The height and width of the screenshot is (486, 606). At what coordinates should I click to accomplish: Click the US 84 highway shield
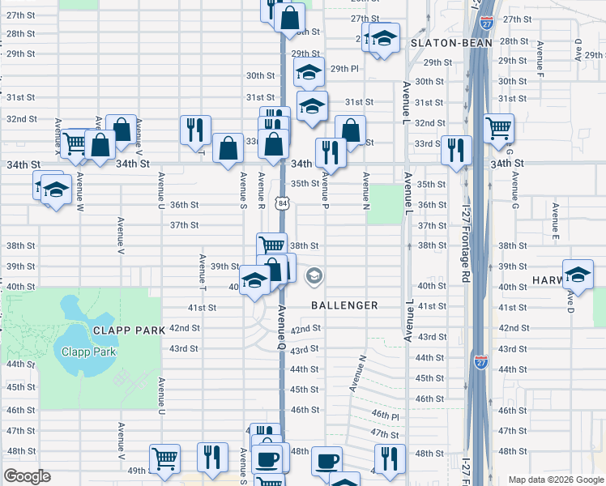click(281, 204)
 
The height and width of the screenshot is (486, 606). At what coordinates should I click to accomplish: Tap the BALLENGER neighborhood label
click(344, 305)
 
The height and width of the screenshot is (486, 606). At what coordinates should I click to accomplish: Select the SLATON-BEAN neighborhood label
click(442, 42)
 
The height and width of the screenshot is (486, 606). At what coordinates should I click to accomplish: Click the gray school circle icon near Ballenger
click(314, 277)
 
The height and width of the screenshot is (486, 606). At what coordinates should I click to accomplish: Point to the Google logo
click(27, 476)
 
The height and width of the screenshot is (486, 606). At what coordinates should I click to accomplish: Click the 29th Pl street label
click(344, 69)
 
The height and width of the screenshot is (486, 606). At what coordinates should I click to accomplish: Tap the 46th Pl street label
click(386, 414)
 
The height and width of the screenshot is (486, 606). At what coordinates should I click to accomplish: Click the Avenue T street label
click(202, 273)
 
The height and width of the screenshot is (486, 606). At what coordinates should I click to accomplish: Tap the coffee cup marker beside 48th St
click(326, 460)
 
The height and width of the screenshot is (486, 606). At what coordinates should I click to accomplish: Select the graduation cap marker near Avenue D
click(578, 273)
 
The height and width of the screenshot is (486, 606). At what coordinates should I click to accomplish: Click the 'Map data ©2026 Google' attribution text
click(556, 480)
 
